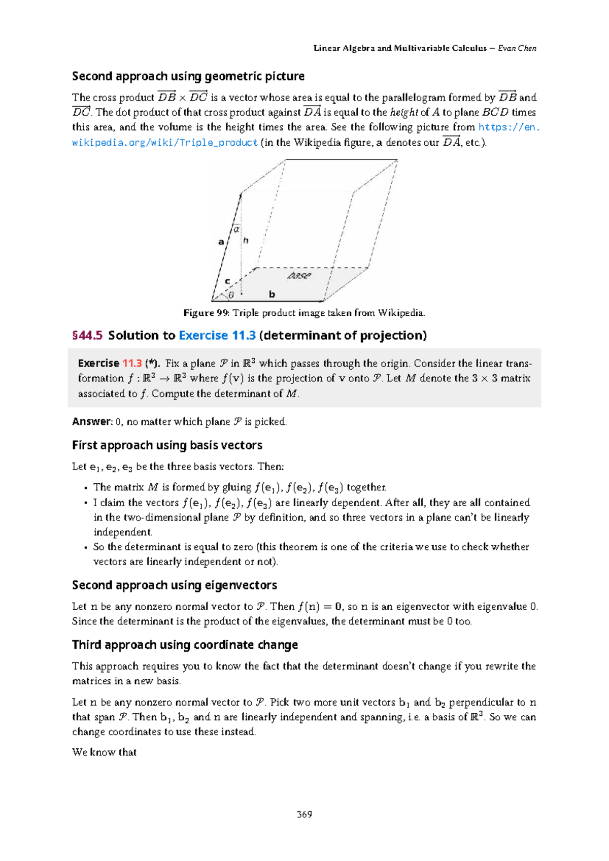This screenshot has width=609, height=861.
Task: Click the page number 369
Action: pos(304,814)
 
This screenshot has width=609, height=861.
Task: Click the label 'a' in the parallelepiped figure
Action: pos(221,242)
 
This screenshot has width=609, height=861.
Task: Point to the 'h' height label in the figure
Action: pos(246,241)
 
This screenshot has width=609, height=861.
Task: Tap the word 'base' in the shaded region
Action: pos(298,276)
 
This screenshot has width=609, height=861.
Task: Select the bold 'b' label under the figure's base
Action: pos(272,294)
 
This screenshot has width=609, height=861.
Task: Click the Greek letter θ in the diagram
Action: pos(231,295)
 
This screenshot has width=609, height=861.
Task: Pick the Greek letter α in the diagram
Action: pos(236,229)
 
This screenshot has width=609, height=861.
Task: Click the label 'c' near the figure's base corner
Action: pos(227,281)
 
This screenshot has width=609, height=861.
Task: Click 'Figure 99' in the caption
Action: pos(206,313)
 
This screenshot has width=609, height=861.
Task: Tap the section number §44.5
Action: pos(87,336)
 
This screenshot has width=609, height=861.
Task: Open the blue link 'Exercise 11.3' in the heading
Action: pos(217,336)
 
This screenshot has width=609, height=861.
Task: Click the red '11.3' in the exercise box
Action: pos(132,363)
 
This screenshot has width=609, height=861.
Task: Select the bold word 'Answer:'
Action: pos(92,422)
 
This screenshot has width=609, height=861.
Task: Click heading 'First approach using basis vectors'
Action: pos(167,445)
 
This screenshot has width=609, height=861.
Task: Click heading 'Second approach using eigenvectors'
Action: pos(174,585)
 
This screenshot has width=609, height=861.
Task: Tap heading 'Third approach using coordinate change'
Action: pos(185,645)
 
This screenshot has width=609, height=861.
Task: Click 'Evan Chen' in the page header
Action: pos(517,48)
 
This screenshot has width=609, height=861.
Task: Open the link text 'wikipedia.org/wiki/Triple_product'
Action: pos(165,143)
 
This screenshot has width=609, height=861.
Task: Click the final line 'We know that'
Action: pos(104,752)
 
